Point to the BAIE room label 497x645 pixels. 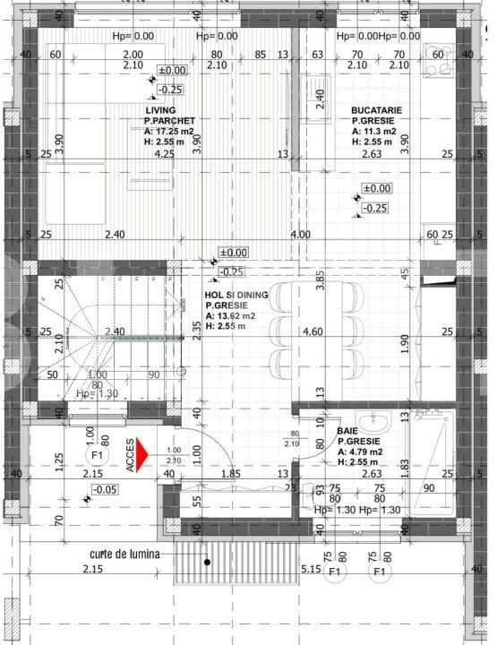(347, 431)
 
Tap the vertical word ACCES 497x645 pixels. (131, 454)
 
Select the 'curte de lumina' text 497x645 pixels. (124, 555)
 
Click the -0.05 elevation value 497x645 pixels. (105, 489)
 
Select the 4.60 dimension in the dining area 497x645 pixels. (312, 332)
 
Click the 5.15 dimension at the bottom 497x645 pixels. (312, 569)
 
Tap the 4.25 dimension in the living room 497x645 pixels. (164, 154)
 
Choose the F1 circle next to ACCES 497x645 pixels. (99, 456)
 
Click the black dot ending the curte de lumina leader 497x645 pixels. (207, 563)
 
